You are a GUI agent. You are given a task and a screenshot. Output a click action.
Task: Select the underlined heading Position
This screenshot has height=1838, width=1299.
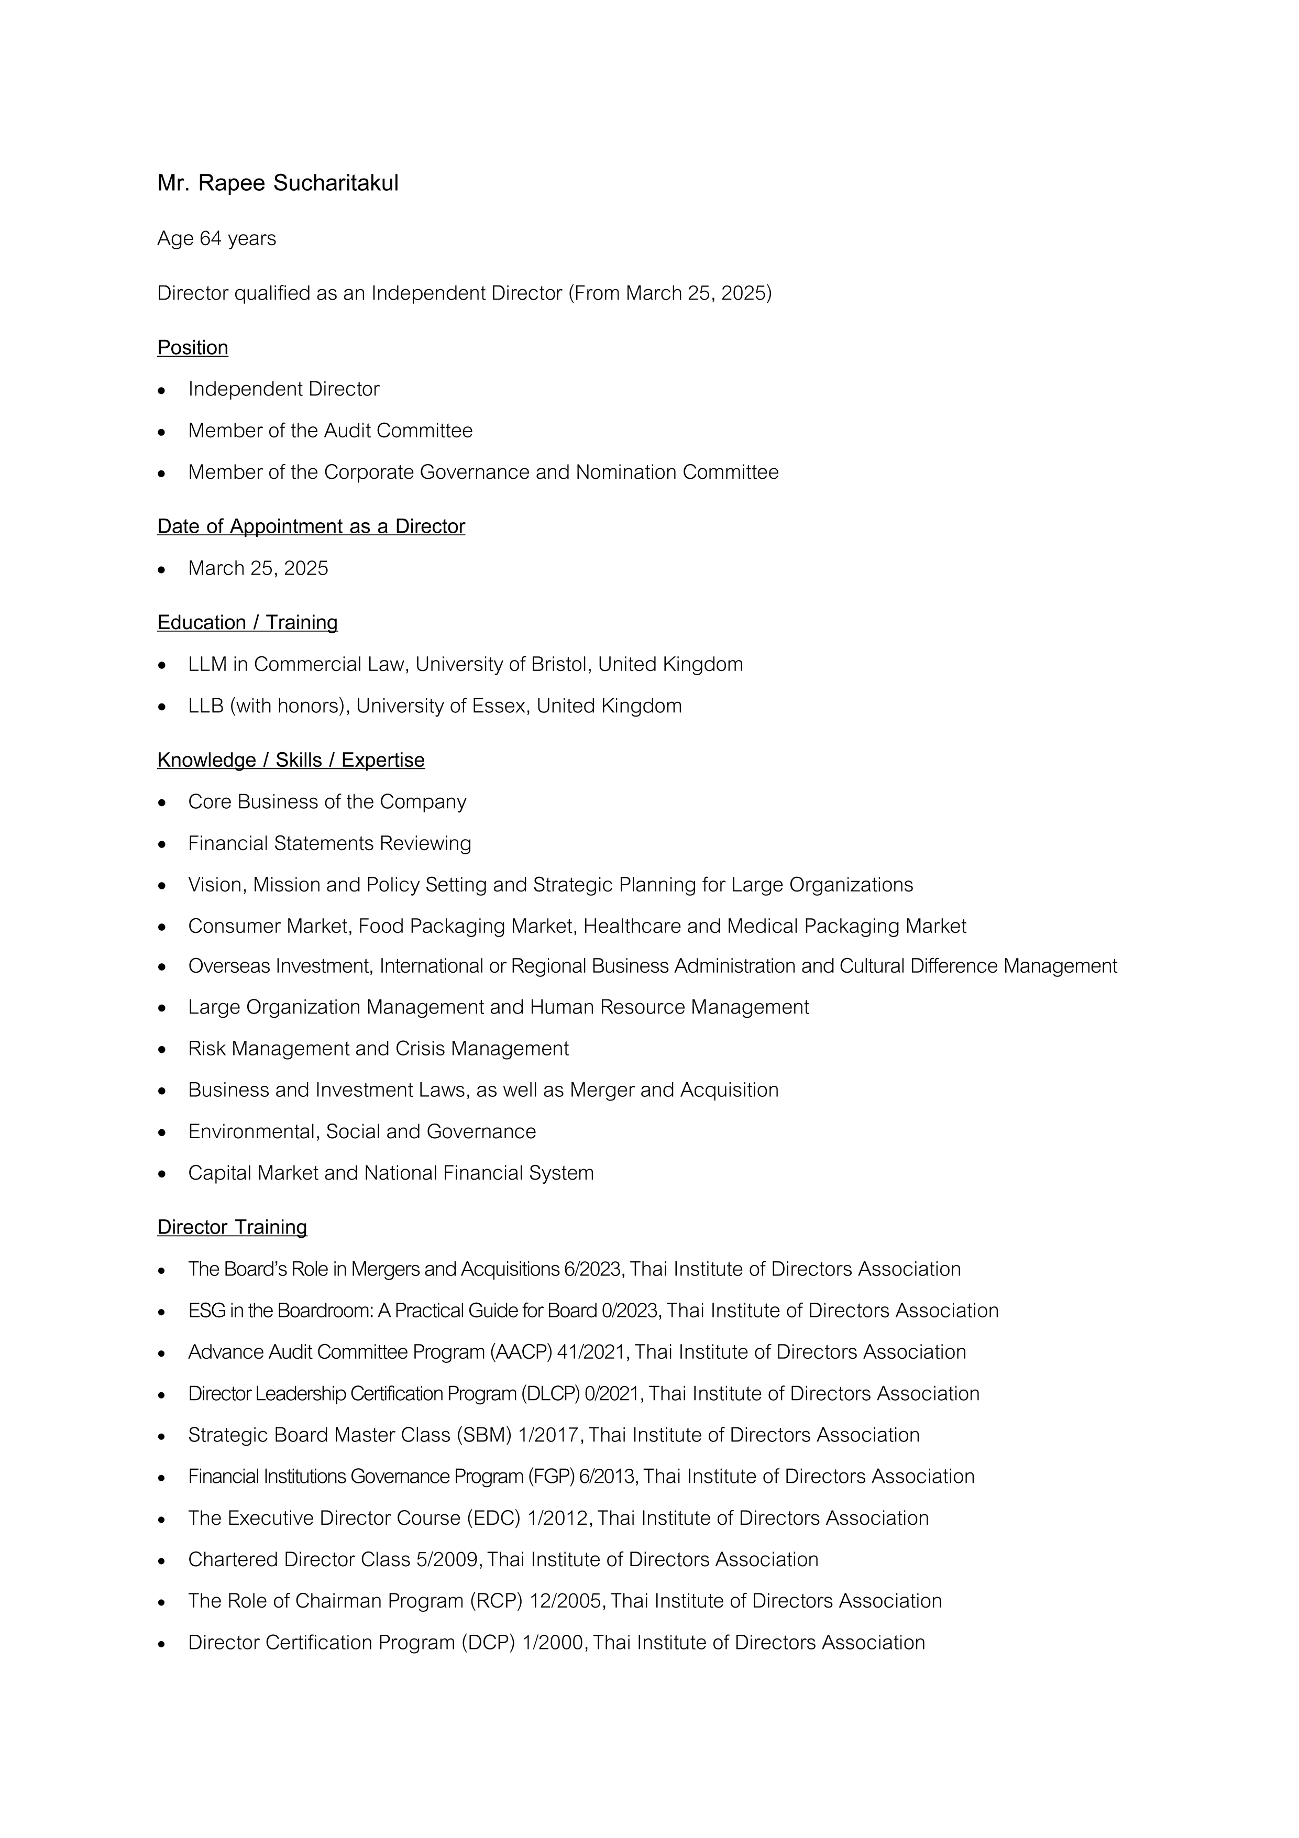pyautogui.click(x=192, y=347)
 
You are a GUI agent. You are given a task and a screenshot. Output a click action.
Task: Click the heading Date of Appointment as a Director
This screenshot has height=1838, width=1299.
pyautogui.click(x=311, y=527)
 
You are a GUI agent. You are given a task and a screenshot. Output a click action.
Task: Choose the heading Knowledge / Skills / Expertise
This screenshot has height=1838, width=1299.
pyautogui.click(x=291, y=761)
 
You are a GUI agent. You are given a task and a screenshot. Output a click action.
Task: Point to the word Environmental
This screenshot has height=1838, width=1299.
pyautogui.click(x=253, y=1132)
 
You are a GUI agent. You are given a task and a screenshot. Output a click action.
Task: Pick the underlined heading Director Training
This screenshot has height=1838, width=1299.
pyautogui.click(x=232, y=1227)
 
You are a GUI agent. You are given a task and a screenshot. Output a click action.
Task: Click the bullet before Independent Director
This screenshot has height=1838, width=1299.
pyautogui.click(x=162, y=390)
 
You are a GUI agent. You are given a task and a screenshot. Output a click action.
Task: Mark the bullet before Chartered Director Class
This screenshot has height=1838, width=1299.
pyautogui.click(x=162, y=1560)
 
